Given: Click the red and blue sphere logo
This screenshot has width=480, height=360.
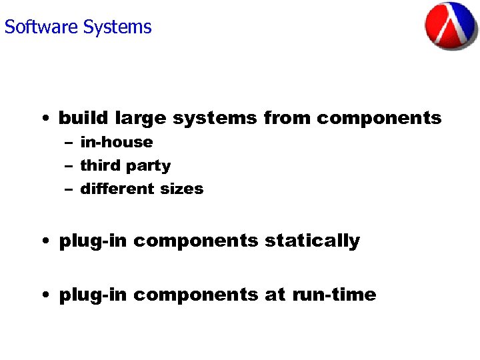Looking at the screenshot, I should (452, 26).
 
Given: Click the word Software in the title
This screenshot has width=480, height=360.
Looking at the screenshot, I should (41, 27).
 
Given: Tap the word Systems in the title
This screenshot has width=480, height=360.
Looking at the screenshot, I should (117, 27).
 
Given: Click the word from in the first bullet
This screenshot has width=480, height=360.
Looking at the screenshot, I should (287, 118).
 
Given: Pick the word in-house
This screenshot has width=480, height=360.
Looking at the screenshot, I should (116, 142).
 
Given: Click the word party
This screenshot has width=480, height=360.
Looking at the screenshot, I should (149, 166).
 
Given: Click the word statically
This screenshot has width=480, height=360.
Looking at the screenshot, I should (312, 241).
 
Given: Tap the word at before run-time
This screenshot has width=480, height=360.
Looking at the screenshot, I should (275, 295).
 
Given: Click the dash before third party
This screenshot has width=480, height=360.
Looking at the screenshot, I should (69, 166).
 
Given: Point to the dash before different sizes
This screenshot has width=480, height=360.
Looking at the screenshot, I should (69, 189).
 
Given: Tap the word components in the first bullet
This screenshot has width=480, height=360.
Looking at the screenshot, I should (379, 119).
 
